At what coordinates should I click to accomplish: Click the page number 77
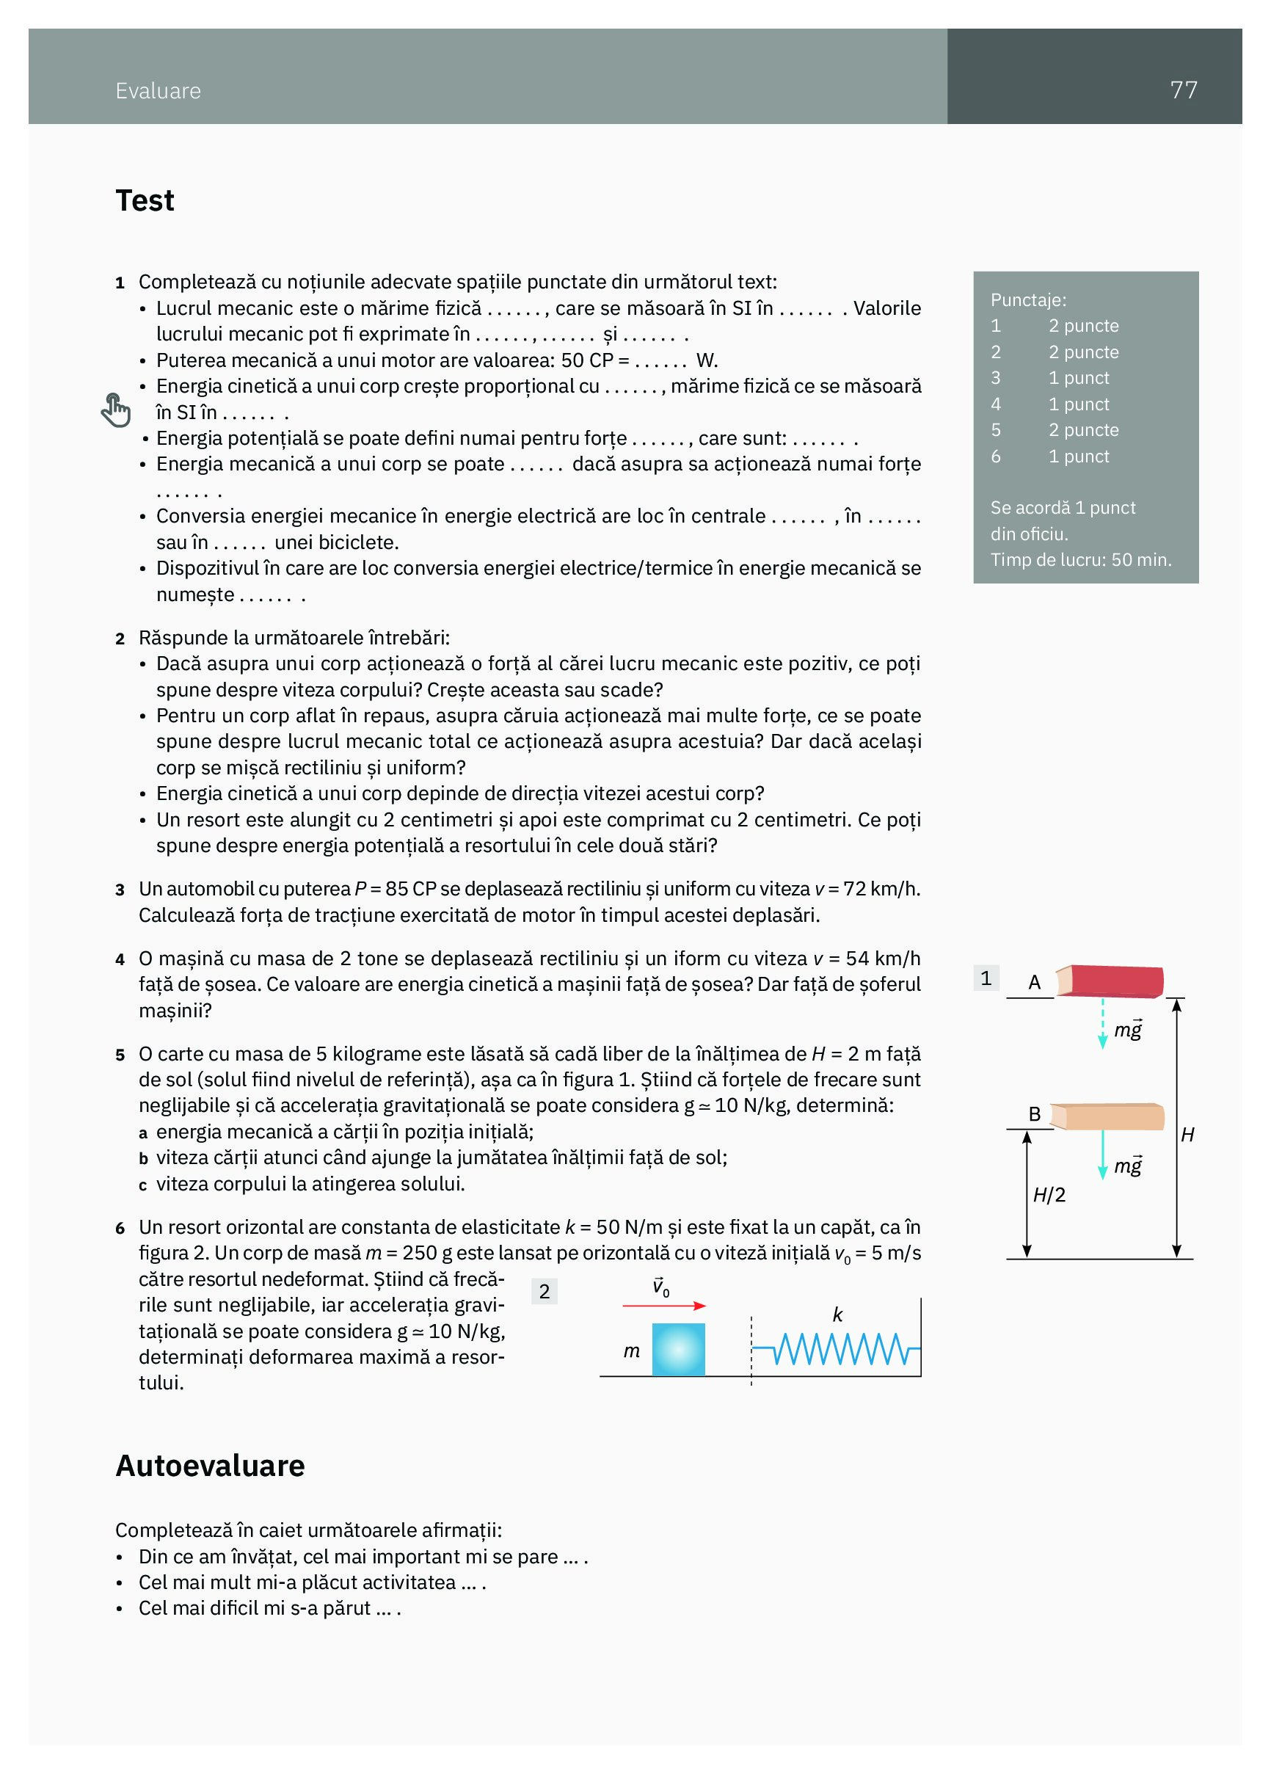(x=1183, y=90)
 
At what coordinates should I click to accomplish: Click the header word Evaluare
(x=158, y=91)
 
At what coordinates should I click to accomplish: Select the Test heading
(x=145, y=201)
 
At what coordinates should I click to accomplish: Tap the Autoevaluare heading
(x=210, y=1465)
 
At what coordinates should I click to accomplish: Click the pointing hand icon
(x=116, y=410)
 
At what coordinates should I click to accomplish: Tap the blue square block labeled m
(x=678, y=1348)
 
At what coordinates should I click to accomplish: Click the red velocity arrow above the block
(x=664, y=1306)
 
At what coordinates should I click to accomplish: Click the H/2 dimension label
(x=1049, y=1195)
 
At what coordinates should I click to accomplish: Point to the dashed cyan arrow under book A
(x=1103, y=1023)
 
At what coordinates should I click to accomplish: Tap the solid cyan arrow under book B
(x=1103, y=1155)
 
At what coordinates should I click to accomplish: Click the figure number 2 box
(x=545, y=1291)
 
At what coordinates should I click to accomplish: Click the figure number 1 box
(x=986, y=978)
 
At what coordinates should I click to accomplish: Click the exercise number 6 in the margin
(x=120, y=1228)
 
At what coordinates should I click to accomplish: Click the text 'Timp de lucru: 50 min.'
(x=1080, y=560)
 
